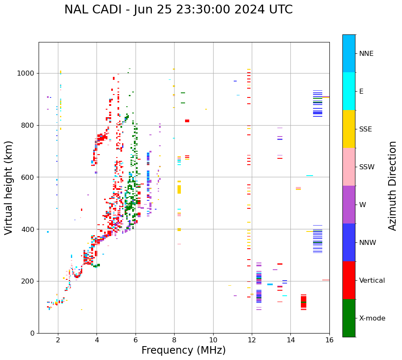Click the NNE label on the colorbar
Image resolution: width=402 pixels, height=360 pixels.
pyautogui.click(x=366, y=54)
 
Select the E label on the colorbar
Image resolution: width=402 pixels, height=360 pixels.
pyautogui.click(x=361, y=92)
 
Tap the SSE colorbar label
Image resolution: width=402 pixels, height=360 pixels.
pyautogui.click(x=365, y=129)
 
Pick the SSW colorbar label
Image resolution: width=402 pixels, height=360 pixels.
pyautogui.click(x=366, y=167)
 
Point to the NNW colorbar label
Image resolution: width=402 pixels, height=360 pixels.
pyautogui.click(x=368, y=243)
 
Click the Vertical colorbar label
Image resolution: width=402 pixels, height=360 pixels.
pyautogui.click(x=372, y=281)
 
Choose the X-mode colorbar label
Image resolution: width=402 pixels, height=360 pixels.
pyautogui.click(x=372, y=318)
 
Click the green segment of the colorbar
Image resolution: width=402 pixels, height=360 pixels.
pyautogui.click(x=349, y=318)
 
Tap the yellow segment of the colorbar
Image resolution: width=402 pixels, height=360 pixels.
pyautogui.click(x=349, y=129)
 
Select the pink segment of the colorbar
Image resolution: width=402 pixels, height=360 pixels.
pyautogui.click(x=349, y=167)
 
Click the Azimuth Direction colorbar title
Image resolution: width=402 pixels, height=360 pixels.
pyautogui.click(x=392, y=186)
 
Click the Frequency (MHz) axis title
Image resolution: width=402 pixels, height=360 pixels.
pyautogui.click(x=183, y=350)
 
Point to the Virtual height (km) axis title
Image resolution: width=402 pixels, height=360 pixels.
pyautogui.click(x=9, y=187)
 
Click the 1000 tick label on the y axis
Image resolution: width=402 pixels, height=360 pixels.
pyautogui.click(x=26, y=74)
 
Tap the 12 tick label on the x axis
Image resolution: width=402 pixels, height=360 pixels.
pyautogui.click(x=252, y=340)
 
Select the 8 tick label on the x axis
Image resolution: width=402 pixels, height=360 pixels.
pyautogui.click(x=174, y=340)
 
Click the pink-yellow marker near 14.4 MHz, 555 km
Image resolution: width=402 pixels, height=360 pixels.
pyautogui.click(x=298, y=188)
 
